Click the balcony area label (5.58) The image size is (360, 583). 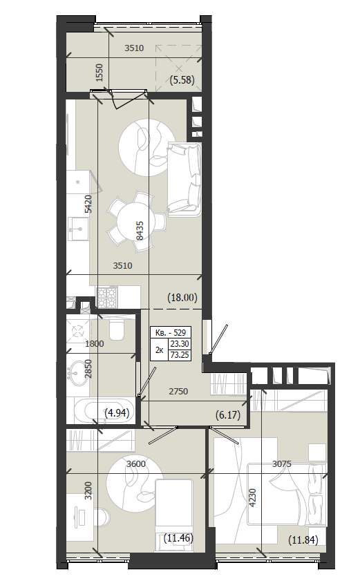tap(182, 80)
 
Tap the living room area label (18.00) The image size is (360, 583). tap(182, 298)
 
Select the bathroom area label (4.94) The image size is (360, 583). tap(117, 412)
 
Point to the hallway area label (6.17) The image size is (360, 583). tap(228, 414)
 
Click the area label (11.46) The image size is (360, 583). tap(178, 537)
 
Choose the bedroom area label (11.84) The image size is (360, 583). tap(303, 540)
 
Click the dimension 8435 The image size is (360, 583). tap(140, 231)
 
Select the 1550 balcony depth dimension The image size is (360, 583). tap(99, 73)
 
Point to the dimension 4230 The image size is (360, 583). tap(252, 497)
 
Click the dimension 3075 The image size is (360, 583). tap(281, 464)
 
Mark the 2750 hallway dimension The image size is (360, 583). tap(178, 391)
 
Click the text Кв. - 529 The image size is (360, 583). tap(171, 332)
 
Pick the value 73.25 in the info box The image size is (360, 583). tap(180, 355)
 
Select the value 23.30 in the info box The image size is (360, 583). tap(180, 344)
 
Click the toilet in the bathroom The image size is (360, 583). tap(116, 329)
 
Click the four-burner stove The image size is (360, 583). tap(107, 296)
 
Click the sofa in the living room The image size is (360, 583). tap(184, 179)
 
